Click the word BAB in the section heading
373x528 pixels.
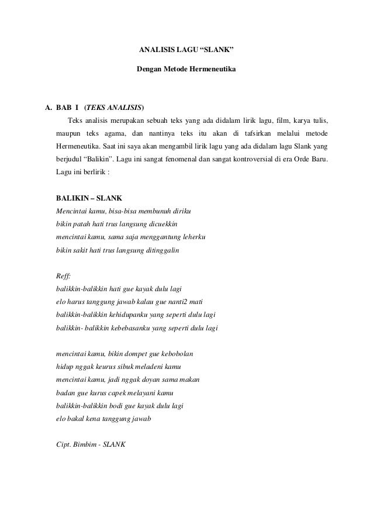click(x=63, y=108)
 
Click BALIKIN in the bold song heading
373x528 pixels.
click(x=72, y=198)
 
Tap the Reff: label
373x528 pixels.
click(x=63, y=276)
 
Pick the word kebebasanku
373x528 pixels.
click(x=125, y=328)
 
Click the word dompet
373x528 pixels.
click(x=130, y=354)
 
